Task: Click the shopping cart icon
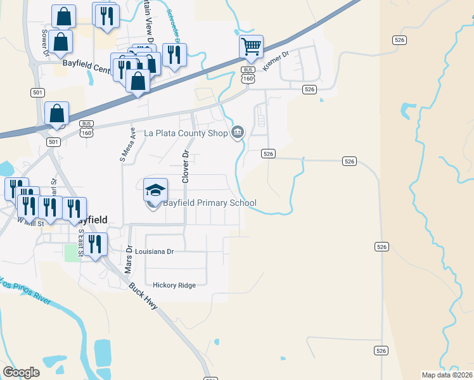[x=251, y=46]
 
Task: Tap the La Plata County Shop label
[x=186, y=133]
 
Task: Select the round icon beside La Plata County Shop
[x=238, y=132]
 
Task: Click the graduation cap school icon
[x=155, y=190]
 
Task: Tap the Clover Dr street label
[x=186, y=167]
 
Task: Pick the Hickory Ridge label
[x=170, y=285]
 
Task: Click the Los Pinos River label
[x=25, y=289]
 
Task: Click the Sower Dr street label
[x=44, y=42]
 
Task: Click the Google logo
[x=21, y=372]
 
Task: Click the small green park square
[x=72, y=252]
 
